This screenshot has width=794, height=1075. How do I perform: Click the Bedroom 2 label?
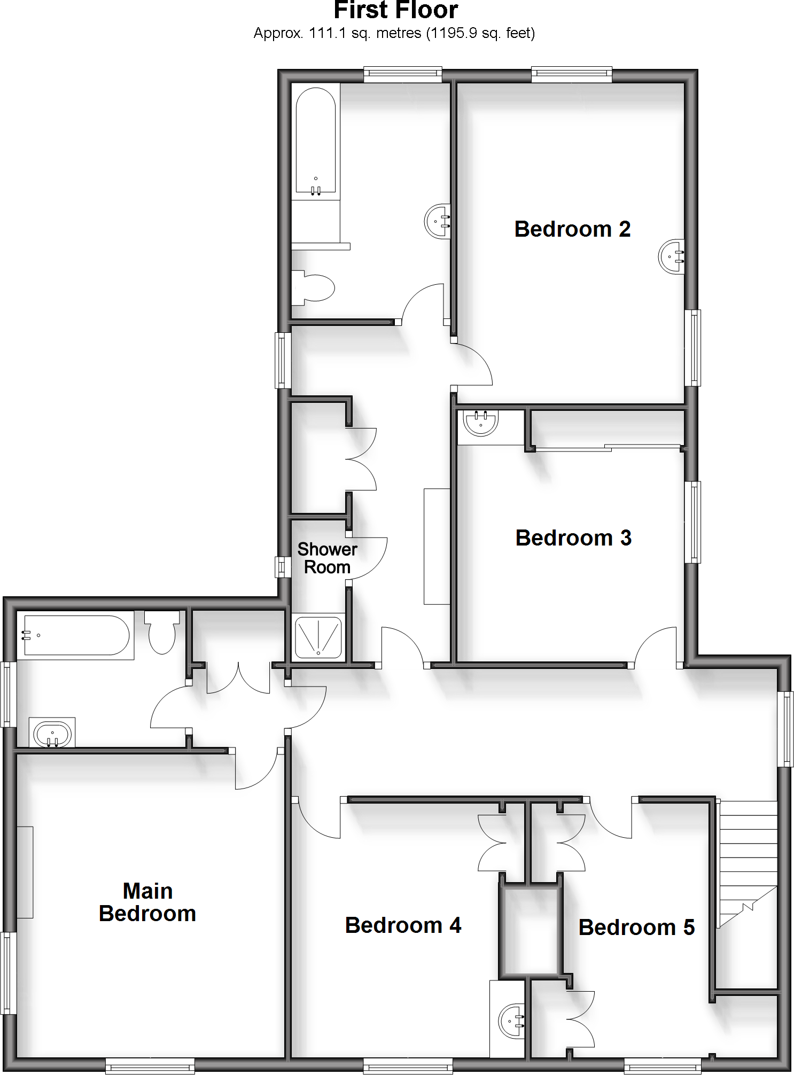tap(572, 229)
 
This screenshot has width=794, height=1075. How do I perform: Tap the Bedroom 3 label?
tap(573, 538)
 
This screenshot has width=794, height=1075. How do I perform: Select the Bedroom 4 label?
tap(403, 925)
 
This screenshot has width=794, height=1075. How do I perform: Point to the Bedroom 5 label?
tap(636, 928)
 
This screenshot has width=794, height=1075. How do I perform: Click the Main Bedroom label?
tap(147, 902)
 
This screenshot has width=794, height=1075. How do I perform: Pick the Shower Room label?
tap(327, 558)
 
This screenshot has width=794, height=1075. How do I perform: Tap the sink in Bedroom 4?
tap(512, 1021)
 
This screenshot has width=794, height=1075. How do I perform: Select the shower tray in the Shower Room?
tap(318, 637)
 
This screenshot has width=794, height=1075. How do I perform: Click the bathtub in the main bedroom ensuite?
tap(76, 635)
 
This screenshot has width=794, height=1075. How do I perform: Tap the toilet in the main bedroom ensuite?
tap(162, 633)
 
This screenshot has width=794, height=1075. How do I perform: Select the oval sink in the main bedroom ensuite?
tap(52, 735)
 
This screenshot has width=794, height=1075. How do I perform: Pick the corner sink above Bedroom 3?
tap(480, 422)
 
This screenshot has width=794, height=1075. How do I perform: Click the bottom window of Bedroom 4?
tap(408, 1067)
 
